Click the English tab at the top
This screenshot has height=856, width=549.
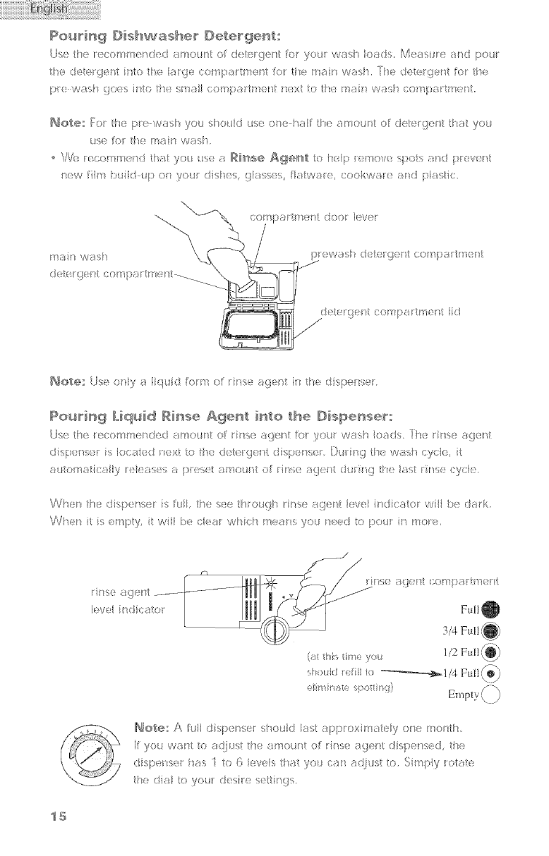click(50, 11)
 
